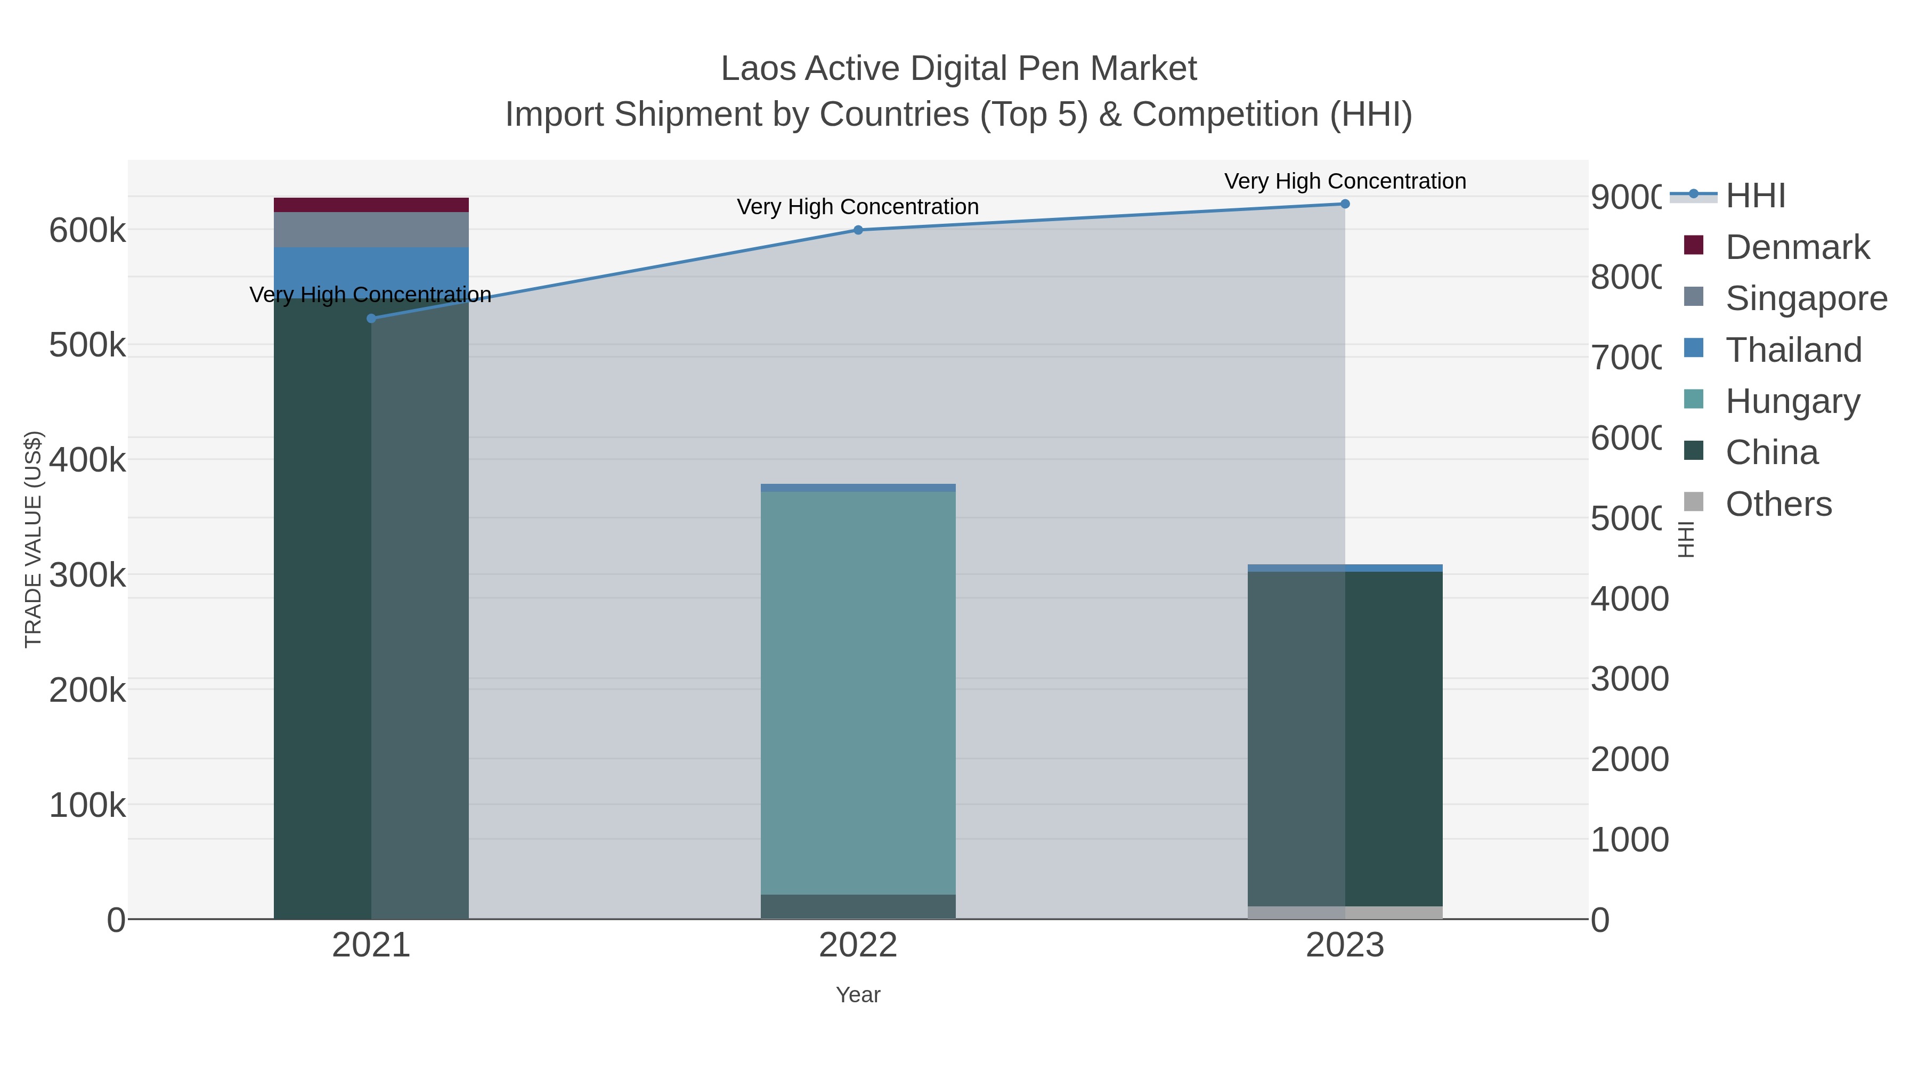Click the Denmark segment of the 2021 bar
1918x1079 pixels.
click(371, 205)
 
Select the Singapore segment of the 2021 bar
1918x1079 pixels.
click(371, 229)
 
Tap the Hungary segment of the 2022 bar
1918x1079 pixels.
click(858, 693)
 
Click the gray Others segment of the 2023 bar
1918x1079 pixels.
click(1345, 912)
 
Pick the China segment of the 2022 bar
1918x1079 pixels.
click(858, 906)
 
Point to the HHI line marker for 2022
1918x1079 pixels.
click(858, 230)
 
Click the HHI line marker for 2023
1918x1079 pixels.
click(1345, 204)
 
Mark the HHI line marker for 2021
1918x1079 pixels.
click(371, 319)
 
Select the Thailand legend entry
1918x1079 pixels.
click(1793, 350)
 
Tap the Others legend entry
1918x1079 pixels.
click(1778, 504)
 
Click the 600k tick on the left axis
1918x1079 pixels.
click(87, 231)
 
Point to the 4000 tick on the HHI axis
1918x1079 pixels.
click(1629, 599)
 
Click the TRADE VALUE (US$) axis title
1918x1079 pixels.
click(34, 539)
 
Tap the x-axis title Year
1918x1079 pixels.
click(858, 995)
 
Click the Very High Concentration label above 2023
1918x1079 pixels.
click(1345, 181)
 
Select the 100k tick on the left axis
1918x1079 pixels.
click(87, 805)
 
